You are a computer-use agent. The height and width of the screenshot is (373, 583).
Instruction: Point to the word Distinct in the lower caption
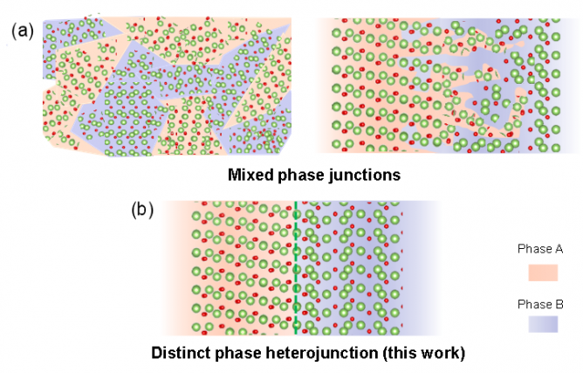[181, 354]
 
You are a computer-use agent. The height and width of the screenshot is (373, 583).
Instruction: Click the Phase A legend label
[540, 249]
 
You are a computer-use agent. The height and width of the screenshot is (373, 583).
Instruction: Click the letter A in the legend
[559, 249]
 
